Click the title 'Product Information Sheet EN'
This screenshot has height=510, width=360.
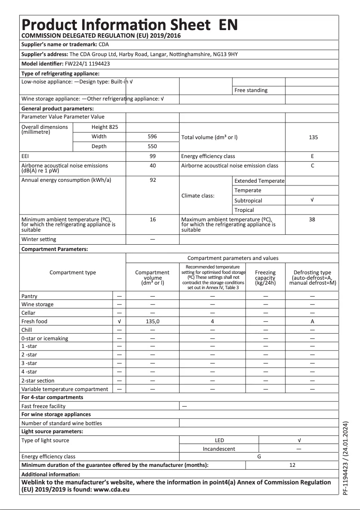click(x=130, y=24)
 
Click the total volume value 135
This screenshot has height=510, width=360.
click(x=313, y=137)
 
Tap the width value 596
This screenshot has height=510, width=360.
click(x=152, y=136)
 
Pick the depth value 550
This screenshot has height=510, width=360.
click(x=152, y=146)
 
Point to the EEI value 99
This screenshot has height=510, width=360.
click(x=152, y=156)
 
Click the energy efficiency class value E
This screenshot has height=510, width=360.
click(x=312, y=156)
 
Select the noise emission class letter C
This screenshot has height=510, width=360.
click(x=312, y=166)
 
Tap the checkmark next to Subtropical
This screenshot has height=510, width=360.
click(x=312, y=200)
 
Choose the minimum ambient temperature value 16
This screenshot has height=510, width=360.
click(x=152, y=220)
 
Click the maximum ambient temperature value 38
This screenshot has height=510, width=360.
click(x=312, y=220)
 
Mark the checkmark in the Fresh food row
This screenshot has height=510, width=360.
click(x=119, y=321)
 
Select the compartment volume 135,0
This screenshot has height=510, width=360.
click(x=152, y=321)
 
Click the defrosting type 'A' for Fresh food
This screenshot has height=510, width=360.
click(x=312, y=321)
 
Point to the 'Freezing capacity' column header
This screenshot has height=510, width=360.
click(x=265, y=277)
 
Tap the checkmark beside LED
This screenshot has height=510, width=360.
click(x=299, y=440)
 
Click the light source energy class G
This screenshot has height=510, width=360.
click(x=259, y=457)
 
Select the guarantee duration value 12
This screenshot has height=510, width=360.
click(x=292, y=465)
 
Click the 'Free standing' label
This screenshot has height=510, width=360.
click(x=251, y=90)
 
